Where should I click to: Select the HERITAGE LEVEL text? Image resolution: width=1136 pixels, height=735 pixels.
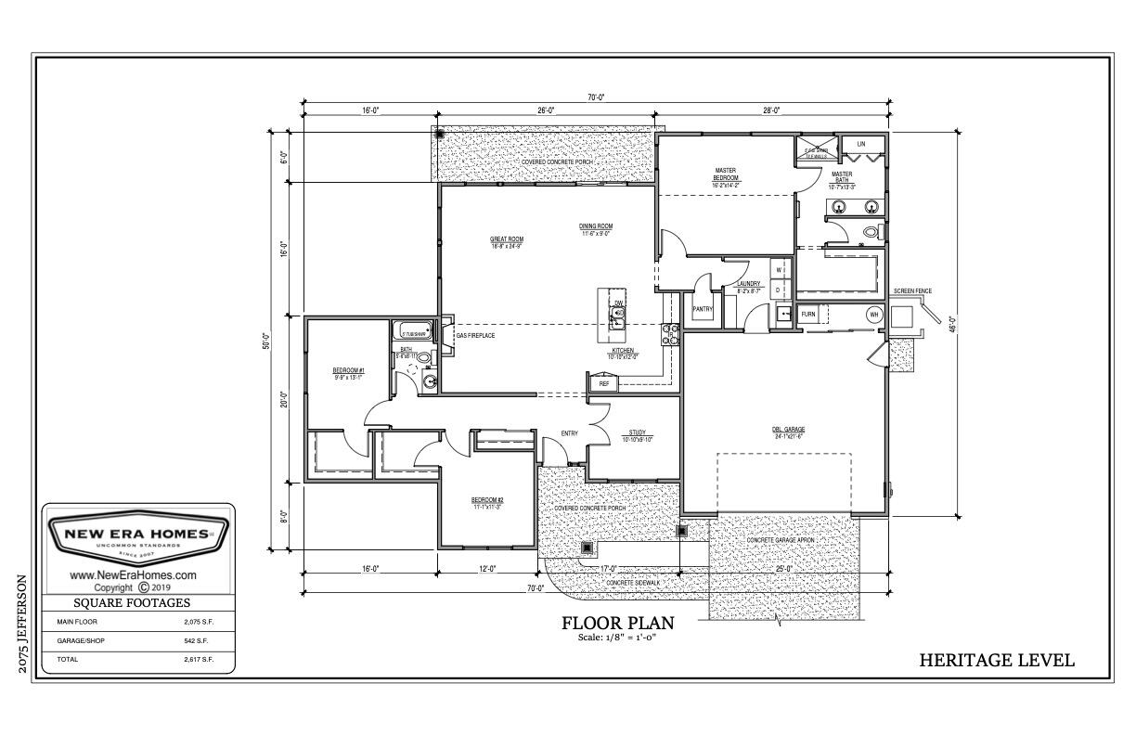click(997, 661)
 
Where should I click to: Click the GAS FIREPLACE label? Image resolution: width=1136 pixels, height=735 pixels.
click(474, 335)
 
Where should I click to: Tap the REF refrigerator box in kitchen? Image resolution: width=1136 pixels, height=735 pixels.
click(603, 382)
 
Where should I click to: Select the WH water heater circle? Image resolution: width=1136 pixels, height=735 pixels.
click(873, 315)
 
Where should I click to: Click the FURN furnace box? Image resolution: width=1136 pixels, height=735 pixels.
click(808, 315)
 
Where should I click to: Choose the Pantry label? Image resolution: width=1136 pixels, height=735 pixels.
click(702, 309)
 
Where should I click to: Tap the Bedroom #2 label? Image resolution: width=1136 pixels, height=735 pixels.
click(487, 502)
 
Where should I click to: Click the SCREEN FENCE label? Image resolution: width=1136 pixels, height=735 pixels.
click(911, 291)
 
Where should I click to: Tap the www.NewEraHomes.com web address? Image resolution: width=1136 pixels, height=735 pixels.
click(134, 575)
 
